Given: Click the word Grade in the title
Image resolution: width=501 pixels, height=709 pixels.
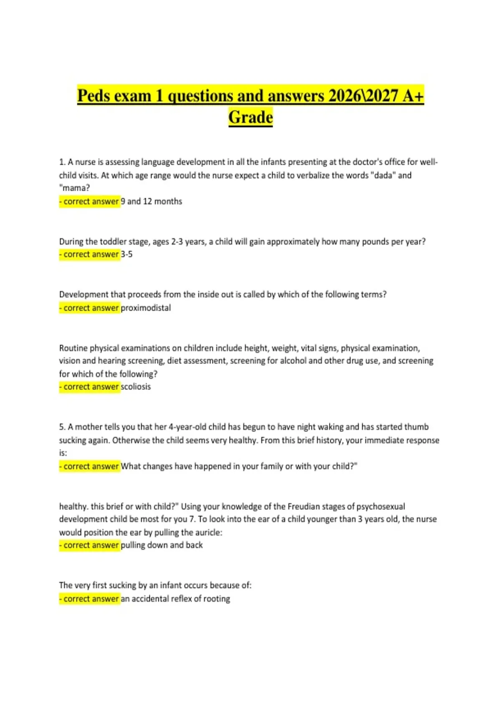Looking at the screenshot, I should click(250, 117).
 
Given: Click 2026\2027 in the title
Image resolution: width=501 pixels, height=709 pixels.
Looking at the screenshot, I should click(363, 96).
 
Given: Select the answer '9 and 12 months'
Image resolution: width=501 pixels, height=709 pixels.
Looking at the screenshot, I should click(152, 201).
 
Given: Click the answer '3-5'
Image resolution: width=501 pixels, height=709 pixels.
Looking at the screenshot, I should click(127, 254).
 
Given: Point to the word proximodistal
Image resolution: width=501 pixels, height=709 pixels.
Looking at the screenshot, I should click(146, 308).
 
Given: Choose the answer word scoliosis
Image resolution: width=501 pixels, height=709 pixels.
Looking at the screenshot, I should click(136, 387).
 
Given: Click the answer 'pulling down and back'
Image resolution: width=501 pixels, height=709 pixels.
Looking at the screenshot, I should click(162, 545).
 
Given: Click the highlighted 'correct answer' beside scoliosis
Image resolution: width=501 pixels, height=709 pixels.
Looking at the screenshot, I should click(89, 387).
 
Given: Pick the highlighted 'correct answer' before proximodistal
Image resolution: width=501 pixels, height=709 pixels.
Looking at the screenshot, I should click(89, 308).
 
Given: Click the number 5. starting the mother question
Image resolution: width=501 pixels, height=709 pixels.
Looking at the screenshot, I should click(62, 427).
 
